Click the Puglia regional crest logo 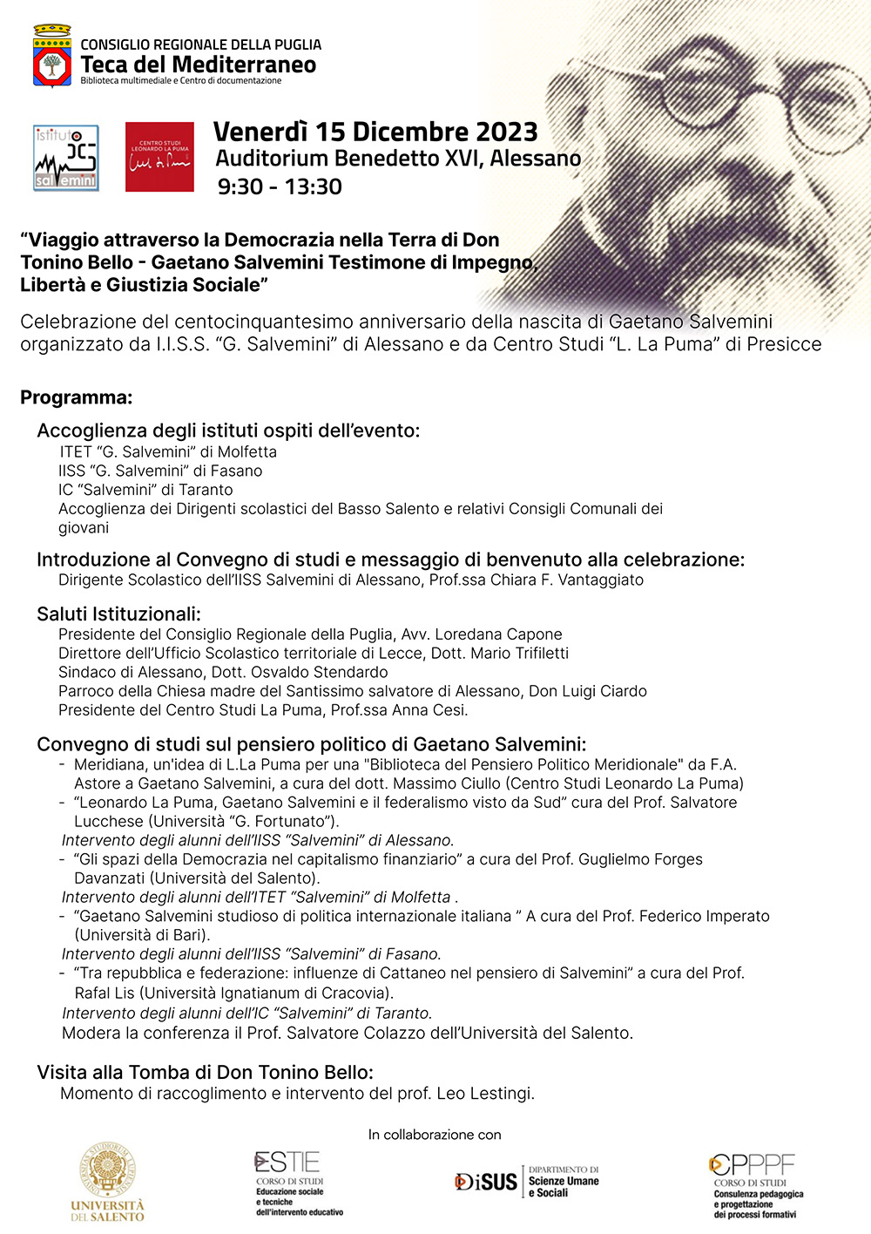tap(52, 57)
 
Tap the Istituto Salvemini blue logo tap(66, 158)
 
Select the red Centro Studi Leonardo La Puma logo tap(159, 157)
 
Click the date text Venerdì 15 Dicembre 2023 tap(375, 132)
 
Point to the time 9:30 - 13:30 tap(280, 186)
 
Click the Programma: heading tap(77, 397)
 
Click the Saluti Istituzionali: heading tap(118, 614)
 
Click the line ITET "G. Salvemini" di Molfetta tap(168, 451)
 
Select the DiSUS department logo tap(527, 1182)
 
